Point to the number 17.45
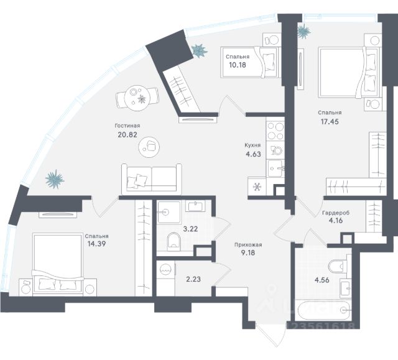(329, 122)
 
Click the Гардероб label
(335, 213)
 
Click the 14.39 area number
(97, 245)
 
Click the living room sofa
(151, 178)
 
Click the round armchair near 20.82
(150, 145)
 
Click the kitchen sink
(275, 167)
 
